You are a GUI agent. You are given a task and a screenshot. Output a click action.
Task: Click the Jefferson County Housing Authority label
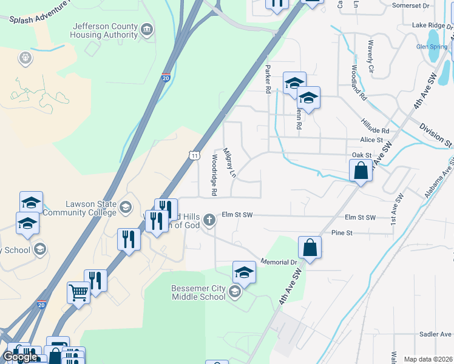[x=105, y=30]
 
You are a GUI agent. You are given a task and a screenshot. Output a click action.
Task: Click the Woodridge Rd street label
[x=214, y=174]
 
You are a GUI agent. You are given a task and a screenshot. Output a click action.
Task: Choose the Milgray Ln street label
[x=229, y=162]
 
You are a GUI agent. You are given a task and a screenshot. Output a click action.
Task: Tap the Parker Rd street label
[x=267, y=79]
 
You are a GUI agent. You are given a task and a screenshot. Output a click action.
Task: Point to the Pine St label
[x=342, y=232]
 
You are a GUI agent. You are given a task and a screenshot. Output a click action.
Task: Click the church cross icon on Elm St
[x=209, y=219]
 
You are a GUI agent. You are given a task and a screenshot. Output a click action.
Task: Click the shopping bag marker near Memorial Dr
[x=310, y=248]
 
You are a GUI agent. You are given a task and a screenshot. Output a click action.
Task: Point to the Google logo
[x=20, y=357]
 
